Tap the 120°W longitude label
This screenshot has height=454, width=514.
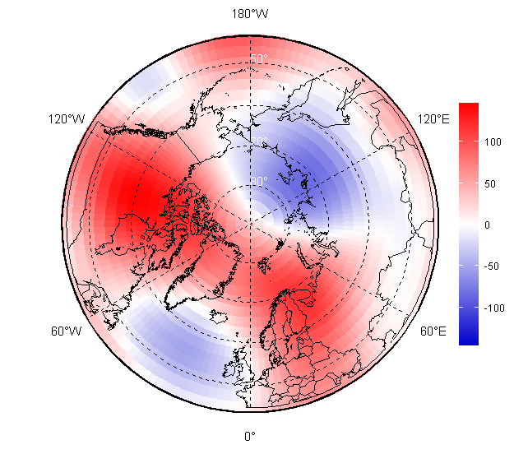(67, 119)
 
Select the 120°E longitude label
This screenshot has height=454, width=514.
(433, 119)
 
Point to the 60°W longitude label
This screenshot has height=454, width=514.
(66, 331)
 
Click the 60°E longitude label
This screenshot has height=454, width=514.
(433, 331)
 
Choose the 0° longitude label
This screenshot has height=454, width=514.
(249, 436)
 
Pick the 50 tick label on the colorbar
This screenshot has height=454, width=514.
(491, 183)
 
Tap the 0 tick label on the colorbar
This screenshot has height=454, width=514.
(488, 225)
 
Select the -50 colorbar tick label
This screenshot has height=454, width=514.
(493, 266)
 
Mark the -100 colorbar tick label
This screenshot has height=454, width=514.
(495, 308)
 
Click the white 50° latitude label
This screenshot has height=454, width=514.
(259, 59)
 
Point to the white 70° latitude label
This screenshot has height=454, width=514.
(259, 141)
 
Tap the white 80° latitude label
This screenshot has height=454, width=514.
(259, 182)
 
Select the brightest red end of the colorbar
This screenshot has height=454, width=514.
(468, 106)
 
